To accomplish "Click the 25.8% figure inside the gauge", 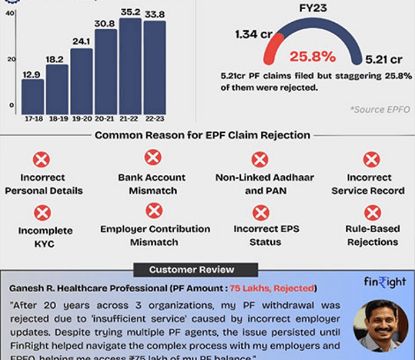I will pyautogui.click(x=299, y=55).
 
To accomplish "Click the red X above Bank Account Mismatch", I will pyautogui.click(x=154, y=158).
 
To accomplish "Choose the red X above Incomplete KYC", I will pyautogui.click(x=42, y=213).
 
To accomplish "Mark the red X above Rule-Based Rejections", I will pyautogui.click(x=372, y=213).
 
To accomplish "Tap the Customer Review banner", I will pyautogui.click(x=192, y=269).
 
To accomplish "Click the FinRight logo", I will pyautogui.click(x=384, y=284).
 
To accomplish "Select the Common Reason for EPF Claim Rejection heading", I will pyautogui.click(x=202, y=135).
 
